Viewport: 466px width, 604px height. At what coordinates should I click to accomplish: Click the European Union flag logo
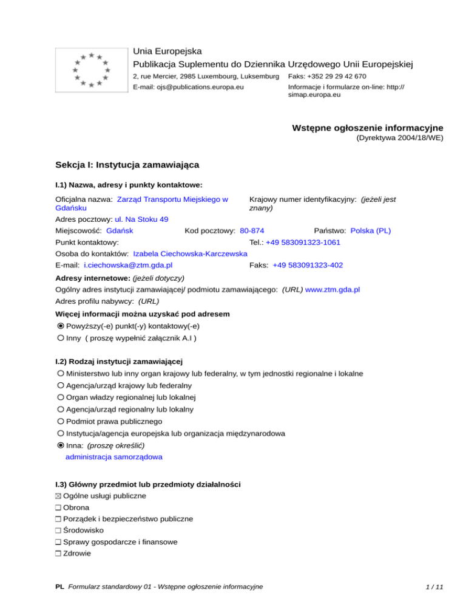tap(90, 70)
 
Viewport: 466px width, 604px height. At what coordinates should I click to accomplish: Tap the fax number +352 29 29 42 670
tap(327, 77)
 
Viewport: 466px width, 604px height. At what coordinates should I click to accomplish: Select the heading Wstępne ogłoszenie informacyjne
tap(367, 128)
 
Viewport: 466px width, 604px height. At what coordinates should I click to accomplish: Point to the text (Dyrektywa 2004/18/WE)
tap(399, 138)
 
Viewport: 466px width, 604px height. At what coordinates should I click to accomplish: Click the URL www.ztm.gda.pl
tap(333, 290)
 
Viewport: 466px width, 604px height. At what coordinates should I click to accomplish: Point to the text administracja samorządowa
tap(113, 456)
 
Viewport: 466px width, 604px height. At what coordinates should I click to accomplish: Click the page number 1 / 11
tap(434, 587)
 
